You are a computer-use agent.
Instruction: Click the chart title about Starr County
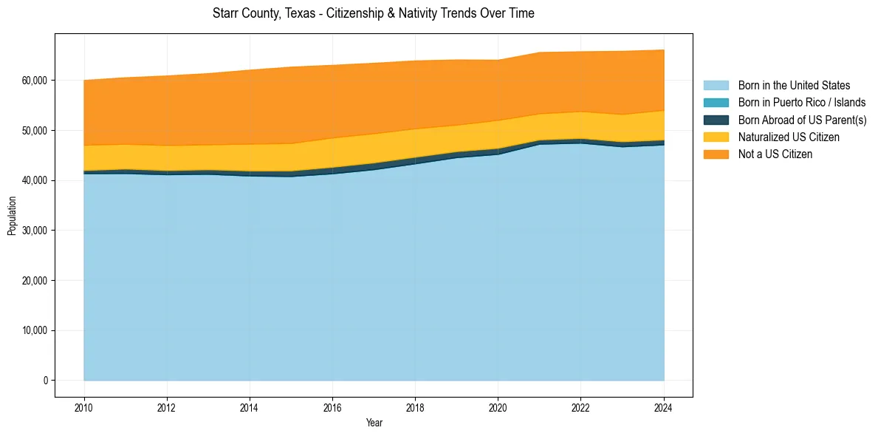pos(373,13)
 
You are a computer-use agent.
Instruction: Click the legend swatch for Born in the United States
pos(716,86)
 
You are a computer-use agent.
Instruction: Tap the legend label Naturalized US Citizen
pos(789,137)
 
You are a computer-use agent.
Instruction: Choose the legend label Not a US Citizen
pos(775,154)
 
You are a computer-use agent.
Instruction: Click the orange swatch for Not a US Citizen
pos(716,154)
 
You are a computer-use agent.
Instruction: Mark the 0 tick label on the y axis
pos(46,381)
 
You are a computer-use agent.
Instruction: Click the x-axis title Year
pos(374,423)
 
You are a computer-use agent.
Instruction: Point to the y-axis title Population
pos(12,215)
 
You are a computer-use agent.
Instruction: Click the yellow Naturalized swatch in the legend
pos(716,137)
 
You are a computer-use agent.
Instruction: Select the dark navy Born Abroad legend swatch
pos(716,120)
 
